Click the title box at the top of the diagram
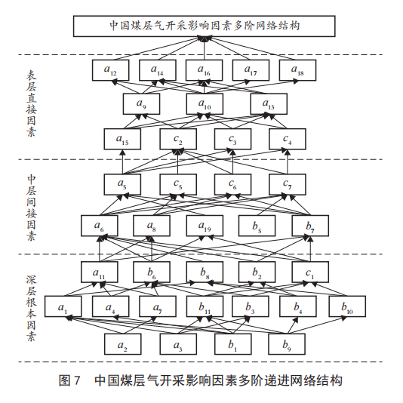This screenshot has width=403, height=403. point(204,26)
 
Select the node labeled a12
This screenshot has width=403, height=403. point(110,70)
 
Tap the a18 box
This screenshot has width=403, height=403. point(297,70)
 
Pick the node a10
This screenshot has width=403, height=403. point(205,104)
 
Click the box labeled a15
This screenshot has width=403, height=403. point(122,139)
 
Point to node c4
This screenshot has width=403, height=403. point(288,139)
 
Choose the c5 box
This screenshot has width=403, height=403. point(178,184)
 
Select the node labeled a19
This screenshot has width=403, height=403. point(205,226)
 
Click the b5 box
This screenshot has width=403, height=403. point(257,226)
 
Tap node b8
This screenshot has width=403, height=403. point(205,272)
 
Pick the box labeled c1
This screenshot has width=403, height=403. point(310,272)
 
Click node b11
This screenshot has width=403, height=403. point(205,306)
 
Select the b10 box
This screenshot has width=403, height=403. point(347,306)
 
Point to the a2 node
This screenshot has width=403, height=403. point(122,344)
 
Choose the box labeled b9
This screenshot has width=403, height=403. point(287,344)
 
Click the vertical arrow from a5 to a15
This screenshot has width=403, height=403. point(122,162)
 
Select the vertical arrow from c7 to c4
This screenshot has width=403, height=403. point(288,162)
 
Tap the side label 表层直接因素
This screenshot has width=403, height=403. point(31,103)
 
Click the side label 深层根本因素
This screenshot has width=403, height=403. point(31,308)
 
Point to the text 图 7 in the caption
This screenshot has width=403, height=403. point(69,380)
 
